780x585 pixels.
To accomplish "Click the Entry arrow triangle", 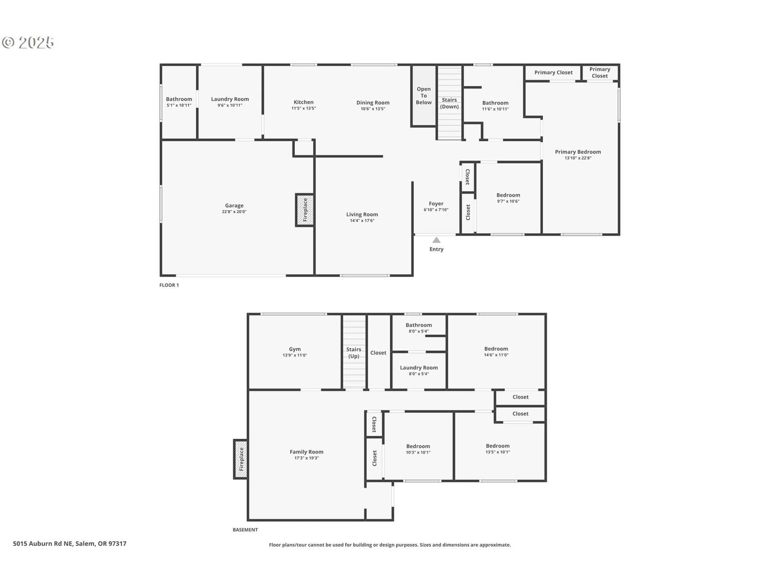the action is tap(436, 240).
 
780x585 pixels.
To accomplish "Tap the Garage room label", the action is tap(234, 205).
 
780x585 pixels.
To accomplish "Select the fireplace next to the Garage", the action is tap(305, 210).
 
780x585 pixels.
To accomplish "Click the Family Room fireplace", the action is tap(241, 459).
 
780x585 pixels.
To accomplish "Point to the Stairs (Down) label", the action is tap(449, 103).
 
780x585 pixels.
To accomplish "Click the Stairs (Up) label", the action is tap(353, 352).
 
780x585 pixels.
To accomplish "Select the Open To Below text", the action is tap(424, 96).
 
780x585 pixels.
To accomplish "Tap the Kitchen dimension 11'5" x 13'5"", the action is tap(304, 108).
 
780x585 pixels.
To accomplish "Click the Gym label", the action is tap(294, 349).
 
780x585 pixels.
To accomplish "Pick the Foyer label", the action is tap(436, 203).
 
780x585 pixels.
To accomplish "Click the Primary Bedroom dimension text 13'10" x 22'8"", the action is tap(578, 158).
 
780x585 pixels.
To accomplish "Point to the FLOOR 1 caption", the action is tap(169, 285).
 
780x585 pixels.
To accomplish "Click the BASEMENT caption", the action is tap(245, 529).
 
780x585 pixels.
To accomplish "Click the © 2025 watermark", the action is tap(28, 42).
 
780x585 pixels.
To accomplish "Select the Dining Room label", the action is tap(373, 103).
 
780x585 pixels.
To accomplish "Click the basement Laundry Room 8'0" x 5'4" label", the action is tap(419, 370).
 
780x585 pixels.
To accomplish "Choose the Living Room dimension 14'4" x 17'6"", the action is tap(362, 220).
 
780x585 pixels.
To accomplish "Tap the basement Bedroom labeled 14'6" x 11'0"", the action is tap(496, 351).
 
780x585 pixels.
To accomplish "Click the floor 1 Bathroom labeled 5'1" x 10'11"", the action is tap(179, 101).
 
